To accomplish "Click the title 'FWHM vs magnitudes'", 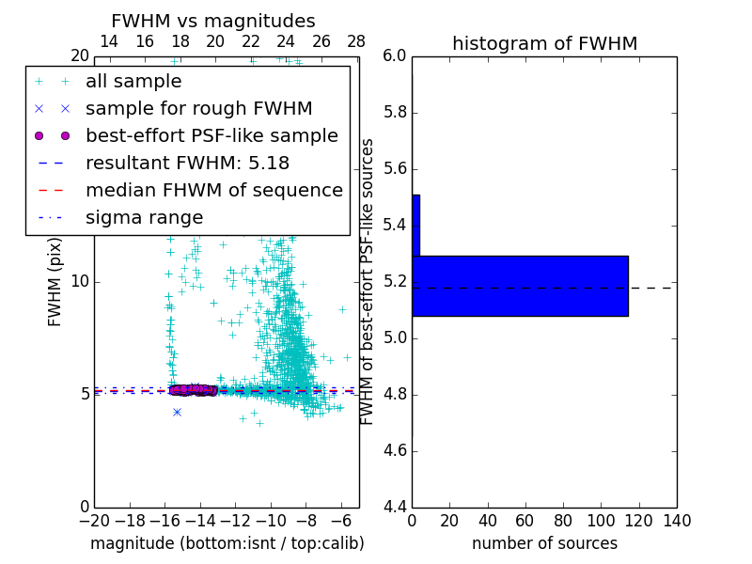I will pos(213,22).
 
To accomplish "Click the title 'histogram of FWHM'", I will pos(544,43).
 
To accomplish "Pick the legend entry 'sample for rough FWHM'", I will pos(199,109).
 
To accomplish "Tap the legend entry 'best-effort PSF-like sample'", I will pos(211,136).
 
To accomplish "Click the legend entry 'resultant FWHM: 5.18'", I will pos(187,164).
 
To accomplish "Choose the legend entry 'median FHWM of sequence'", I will pos(213,191).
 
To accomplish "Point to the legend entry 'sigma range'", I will pos(144,218).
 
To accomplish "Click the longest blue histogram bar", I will pos(520,286).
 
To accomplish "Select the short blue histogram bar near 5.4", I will pos(415,226).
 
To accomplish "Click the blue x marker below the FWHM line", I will pos(177,412).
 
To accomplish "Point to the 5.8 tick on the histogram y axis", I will pos(395,112).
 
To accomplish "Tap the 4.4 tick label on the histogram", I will pos(395,507).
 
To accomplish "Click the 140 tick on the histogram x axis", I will pos(677,521).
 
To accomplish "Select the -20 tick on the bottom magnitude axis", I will pos(94,521).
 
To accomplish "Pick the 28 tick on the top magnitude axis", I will pos(356,42).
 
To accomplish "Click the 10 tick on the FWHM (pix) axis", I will pos(81,281).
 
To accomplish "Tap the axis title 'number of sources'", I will pos(544,543).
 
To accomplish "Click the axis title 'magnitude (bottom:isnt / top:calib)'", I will pos(227,543).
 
